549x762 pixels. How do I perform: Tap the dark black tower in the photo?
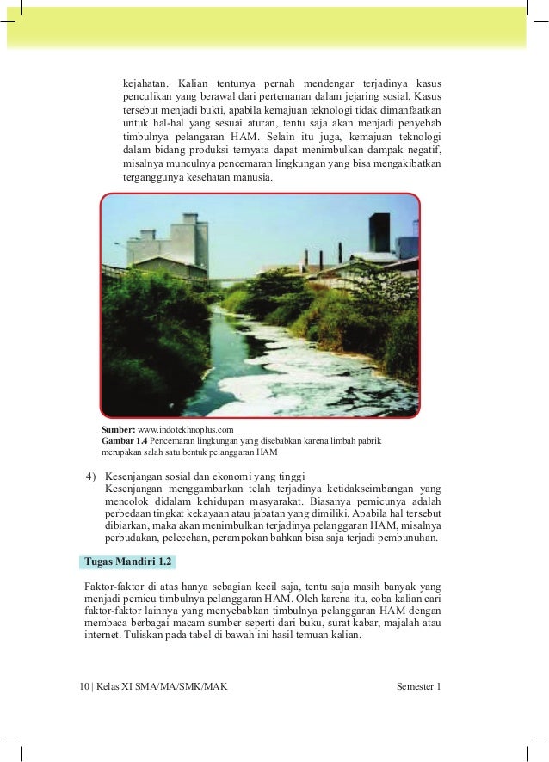click(x=380, y=231)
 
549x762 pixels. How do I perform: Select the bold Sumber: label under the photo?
click(x=119, y=428)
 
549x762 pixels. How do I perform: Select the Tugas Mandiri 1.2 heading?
click(x=127, y=562)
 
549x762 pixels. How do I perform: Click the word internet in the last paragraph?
click(x=102, y=636)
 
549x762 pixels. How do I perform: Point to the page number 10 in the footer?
click(x=83, y=687)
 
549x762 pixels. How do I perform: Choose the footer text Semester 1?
click(x=418, y=687)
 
